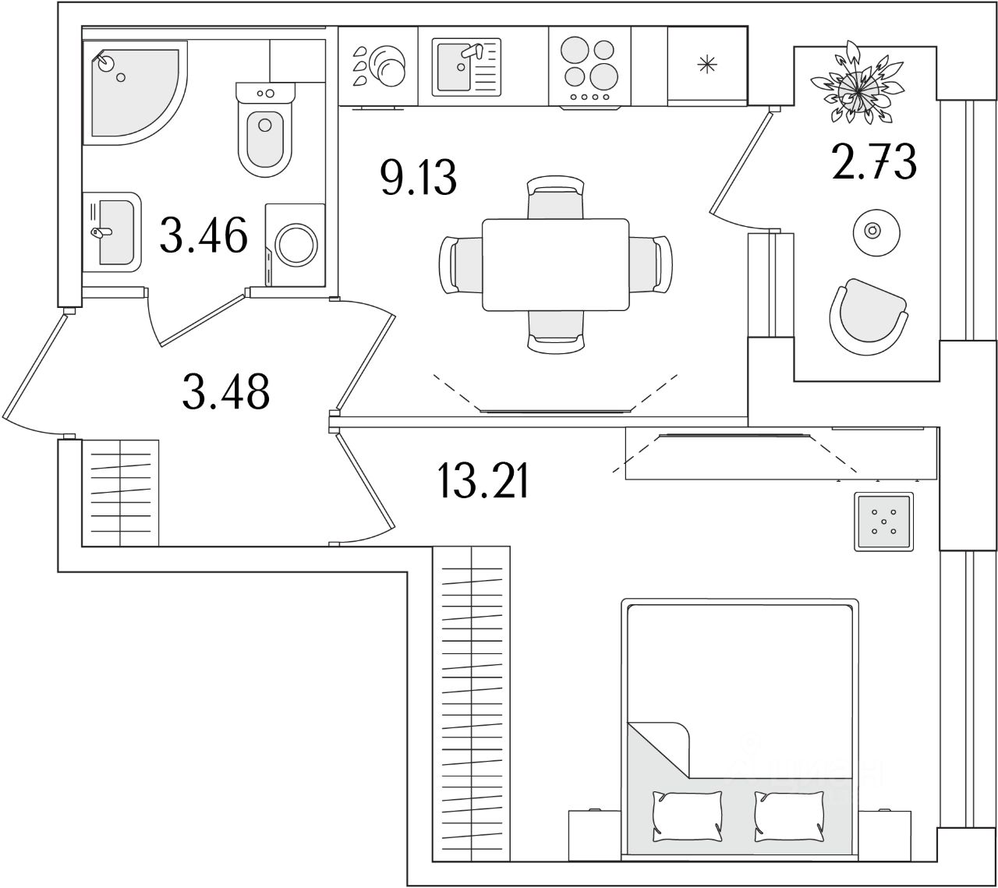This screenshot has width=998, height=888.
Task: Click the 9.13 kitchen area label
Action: [x=417, y=179]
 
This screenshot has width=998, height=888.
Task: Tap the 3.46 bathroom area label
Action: [x=203, y=235]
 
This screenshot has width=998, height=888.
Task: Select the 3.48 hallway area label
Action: [x=226, y=391]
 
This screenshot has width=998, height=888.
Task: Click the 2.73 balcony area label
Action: [x=873, y=161]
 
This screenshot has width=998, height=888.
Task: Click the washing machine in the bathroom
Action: [x=296, y=245]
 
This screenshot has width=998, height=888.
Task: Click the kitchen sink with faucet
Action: [x=463, y=66]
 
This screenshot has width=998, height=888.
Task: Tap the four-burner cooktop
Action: [x=589, y=65]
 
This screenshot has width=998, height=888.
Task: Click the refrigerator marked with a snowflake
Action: [x=706, y=65]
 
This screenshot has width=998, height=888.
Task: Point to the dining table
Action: [x=556, y=264]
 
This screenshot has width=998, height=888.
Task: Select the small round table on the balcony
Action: [x=873, y=231]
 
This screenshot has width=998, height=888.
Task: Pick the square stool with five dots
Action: [x=883, y=522]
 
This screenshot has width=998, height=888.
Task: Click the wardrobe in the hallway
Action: [x=121, y=493]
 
